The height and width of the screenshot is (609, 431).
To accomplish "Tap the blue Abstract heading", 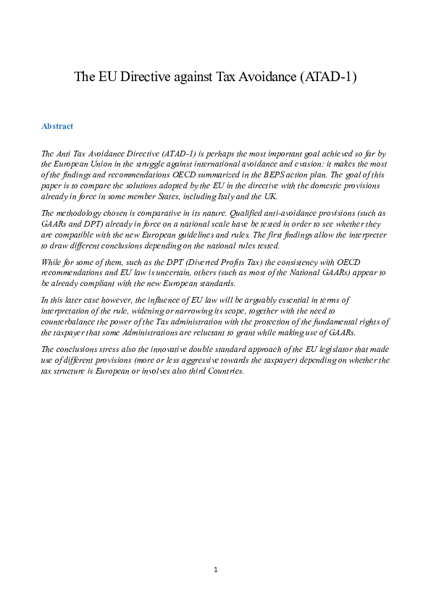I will point(57,126).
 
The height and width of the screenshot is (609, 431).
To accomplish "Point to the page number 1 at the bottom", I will point(215,570).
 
